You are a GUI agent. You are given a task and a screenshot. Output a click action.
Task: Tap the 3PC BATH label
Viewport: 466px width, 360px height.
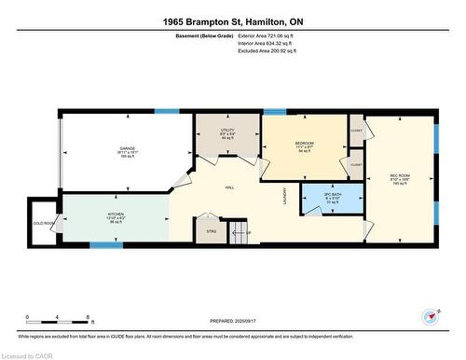click(333, 196)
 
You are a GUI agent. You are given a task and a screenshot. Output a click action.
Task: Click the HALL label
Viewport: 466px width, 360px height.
click(228, 187)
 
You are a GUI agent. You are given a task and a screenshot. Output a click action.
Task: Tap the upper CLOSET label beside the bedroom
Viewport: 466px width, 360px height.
click(356, 131)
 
